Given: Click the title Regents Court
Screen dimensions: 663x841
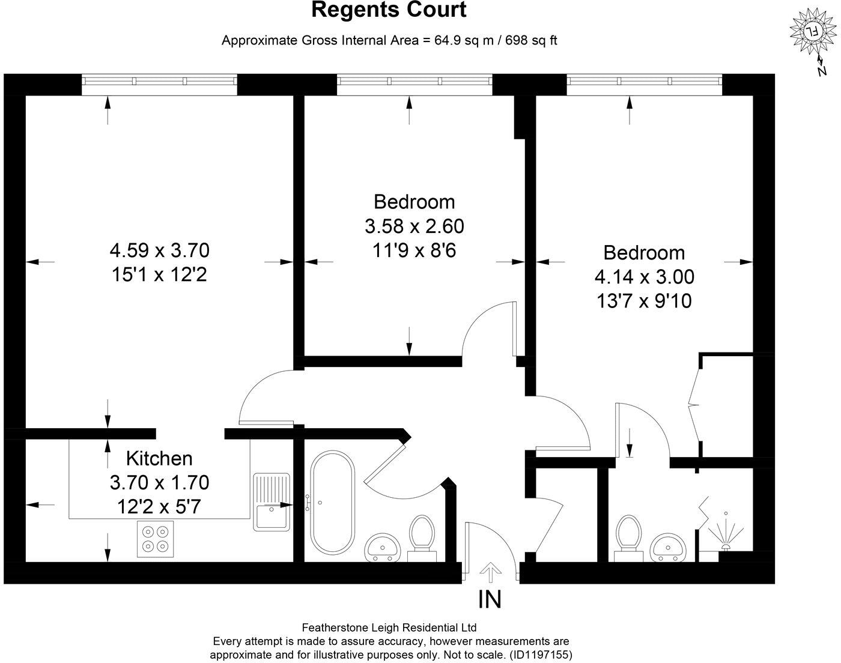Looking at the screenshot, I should pyautogui.click(x=389, y=10).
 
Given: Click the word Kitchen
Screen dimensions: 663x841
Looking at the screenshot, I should pyautogui.click(x=159, y=458).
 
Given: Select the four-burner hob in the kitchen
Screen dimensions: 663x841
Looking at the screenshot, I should pyautogui.click(x=156, y=536).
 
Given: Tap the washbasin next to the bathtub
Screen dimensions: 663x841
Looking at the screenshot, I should pyautogui.click(x=383, y=546).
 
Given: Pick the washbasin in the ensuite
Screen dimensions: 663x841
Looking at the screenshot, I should pyautogui.click(x=669, y=547).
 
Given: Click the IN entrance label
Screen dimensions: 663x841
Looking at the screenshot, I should pyautogui.click(x=490, y=599).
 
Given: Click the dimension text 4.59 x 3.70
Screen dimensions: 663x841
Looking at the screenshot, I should pyautogui.click(x=159, y=249).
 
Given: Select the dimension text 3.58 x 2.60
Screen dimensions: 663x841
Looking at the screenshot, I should pyautogui.click(x=414, y=226).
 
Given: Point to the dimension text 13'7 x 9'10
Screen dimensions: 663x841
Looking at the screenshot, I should pyautogui.click(x=644, y=300).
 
